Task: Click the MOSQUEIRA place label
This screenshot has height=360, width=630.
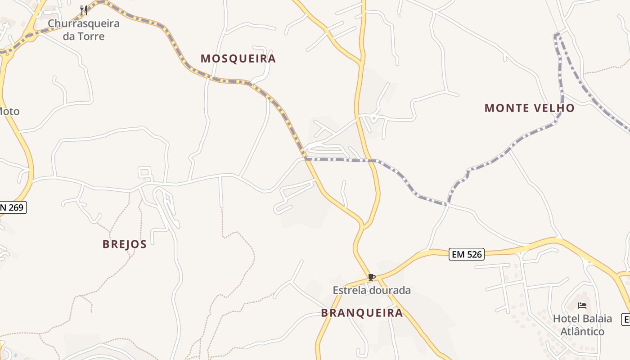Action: click(x=238, y=58)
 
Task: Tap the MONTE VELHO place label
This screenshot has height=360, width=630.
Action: click(x=529, y=108)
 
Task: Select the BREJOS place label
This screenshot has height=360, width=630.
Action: click(x=125, y=244)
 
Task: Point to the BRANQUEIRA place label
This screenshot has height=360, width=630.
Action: click(x=362, y=313)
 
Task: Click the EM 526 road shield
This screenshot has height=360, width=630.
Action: click(x=467, y=254)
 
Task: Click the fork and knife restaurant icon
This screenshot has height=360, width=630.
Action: click(x=84, y=10)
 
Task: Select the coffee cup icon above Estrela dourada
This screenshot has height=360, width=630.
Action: click(x=371, y=277)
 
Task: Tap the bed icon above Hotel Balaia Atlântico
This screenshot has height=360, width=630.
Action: click(x=582, y=306)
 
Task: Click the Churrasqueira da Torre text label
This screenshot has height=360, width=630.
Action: click(x=84, y=30)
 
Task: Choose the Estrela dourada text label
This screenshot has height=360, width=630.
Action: click(x=372, y=290)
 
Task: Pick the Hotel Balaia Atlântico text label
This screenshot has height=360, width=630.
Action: click(x=582, y=325)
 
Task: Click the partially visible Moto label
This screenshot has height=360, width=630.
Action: click(x=9, y=111)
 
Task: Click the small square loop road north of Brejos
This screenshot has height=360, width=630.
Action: click(x=144, y=172)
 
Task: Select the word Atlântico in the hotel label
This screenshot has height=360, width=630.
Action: click(x=582, y=332)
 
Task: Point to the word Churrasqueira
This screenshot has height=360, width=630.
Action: click(x=84, y=23)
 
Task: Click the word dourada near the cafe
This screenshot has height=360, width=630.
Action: click(x=390, y=290)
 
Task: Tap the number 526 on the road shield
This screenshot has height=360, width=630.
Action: click(x=473, y=254)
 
